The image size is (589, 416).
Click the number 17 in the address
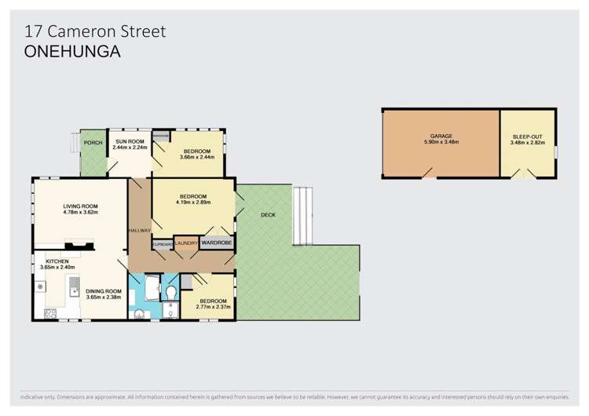34,31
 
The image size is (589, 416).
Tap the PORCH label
93,143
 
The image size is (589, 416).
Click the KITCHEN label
57,261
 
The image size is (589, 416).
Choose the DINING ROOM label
102,291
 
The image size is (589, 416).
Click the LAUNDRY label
187,244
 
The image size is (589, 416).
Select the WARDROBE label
216,243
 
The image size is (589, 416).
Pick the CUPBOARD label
162,245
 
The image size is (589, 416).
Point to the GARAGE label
441,136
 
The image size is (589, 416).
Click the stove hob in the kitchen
51,314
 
